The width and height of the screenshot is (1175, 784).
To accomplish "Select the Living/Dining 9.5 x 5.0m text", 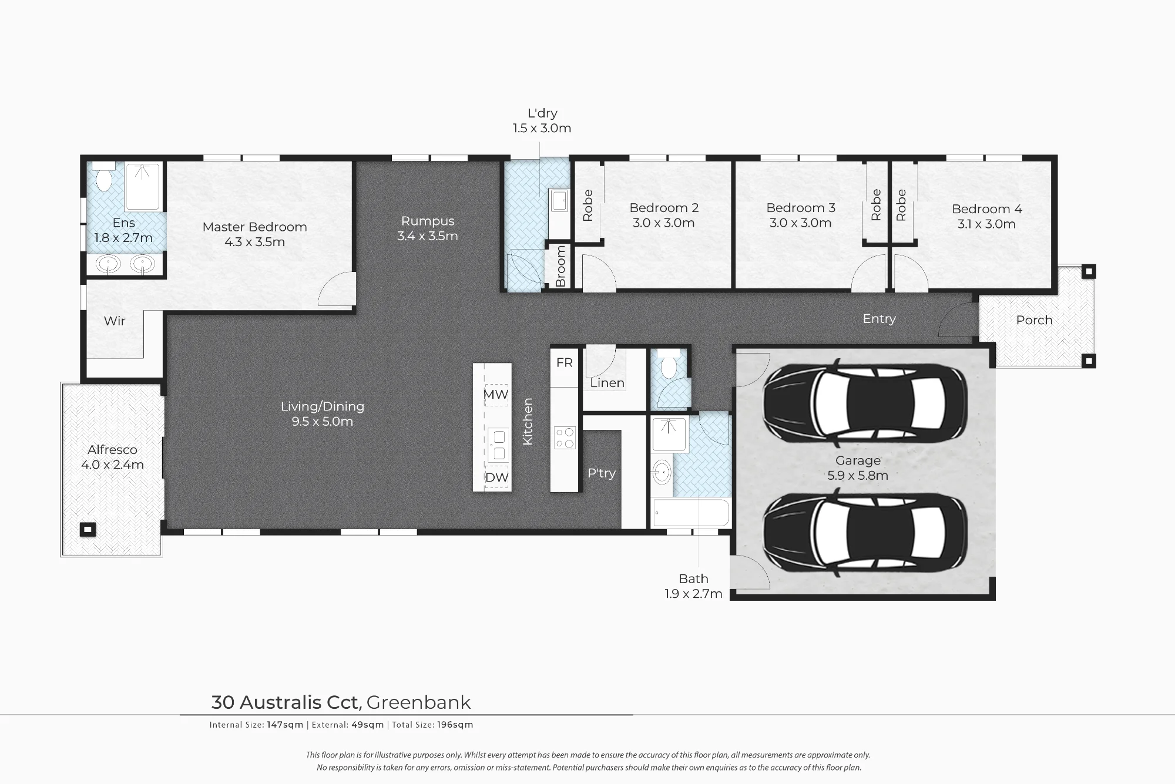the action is click(x=323, y=413).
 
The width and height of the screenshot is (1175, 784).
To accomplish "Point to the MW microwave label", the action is click(x=496, y=394).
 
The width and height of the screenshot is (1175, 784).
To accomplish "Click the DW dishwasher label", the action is click(x=496, y=477).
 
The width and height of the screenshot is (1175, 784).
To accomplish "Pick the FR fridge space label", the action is click(x=565, y=362).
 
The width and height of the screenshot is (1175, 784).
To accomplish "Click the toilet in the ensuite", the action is click(x=104, y=178).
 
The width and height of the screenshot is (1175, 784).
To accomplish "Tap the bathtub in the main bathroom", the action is click(x=691, y=513).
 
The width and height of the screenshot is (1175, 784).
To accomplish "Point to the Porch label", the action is click(x=1034, y=320).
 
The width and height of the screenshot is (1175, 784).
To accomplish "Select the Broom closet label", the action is click(x=560, y=266).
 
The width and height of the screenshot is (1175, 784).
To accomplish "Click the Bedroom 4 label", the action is click(x=986, y=209).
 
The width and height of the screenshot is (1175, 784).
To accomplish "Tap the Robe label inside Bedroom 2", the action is click(x=587, y=206).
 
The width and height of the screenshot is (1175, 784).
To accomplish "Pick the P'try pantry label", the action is click(x=602, y=473).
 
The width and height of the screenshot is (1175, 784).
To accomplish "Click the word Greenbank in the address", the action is click(x=418, y=702).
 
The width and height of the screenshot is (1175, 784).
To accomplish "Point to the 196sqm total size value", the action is click(x=455, y=725).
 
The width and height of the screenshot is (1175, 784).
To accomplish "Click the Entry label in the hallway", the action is click(x=879, y=319).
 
